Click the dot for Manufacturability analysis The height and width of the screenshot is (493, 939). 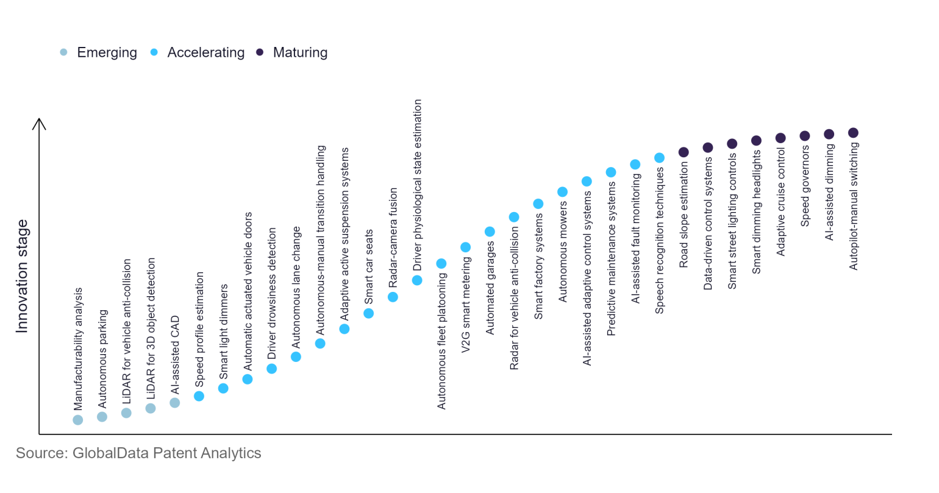pyautogui.click(x=77, y=420)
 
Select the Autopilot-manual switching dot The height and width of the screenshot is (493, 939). pyautogui.click(x=853, y=133)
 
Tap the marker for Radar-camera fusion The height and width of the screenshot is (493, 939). pyautogui.click(x=393, y=297)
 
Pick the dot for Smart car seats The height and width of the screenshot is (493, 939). pyautogui.click(x=368, y=313)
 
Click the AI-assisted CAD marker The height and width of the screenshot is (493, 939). pyautogui.click(x=174, y=403)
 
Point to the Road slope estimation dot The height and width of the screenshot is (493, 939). pyautogui.click(x=684, y=152)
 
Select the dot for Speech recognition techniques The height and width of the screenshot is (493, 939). pyautogui.click(x=659, y=158)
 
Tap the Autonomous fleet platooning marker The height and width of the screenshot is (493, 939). pyautogui.click(x=441, y=264)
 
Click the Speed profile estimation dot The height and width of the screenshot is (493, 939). pyautogui.click(x=199, y=396)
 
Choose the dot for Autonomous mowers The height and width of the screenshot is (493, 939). pyautogui.click(x=562, y=192)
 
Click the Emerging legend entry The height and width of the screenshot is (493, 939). pyautogui.click(x=99, y=52)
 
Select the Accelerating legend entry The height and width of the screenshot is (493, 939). pyautogui.click(x=198, y=52)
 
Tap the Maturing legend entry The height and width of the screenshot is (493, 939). pyautogui.click(x=292, y=52)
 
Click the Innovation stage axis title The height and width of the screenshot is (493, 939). pyautogui.click(x=22, y=276)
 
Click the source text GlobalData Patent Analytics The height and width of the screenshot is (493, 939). pyautogui.click(x=138, y=453)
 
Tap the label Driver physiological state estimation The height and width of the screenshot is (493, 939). pyautogui.click(x=418, y=185)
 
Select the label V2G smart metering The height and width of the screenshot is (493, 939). pyautogui.click(x=466, y=305)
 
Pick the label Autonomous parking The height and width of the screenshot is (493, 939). pyautogui.click(x=102, y=359)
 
